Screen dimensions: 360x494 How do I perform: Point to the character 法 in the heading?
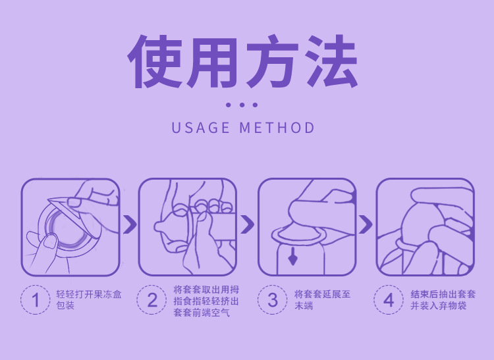(333, 61)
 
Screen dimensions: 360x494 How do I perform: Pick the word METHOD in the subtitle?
(277, 128)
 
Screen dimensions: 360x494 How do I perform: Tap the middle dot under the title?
(242, 105)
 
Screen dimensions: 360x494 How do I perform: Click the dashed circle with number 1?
(36, 300)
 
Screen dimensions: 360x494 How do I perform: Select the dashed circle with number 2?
(152, 300)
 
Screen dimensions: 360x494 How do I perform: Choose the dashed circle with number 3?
(273, 300)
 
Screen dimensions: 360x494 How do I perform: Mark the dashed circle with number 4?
(389, 300)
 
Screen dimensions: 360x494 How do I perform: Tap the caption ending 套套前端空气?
(206, 301)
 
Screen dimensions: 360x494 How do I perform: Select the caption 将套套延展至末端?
(322, 300)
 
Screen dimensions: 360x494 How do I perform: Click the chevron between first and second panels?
(130, 224)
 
